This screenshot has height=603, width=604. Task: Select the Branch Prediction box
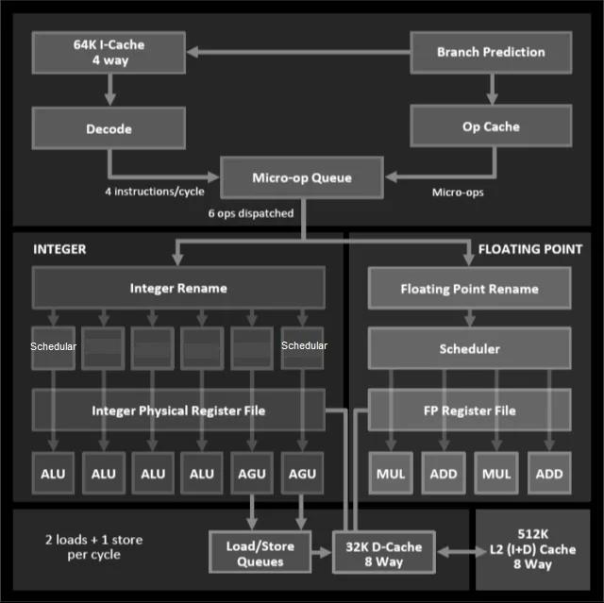[x=491, y=53]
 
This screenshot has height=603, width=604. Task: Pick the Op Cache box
[x=491, y=126]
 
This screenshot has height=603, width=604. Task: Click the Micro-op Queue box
[x=302, y=177]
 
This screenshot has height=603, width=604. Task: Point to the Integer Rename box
[x=178, y=287]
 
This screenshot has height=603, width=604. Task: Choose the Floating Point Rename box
[x=469, y=289]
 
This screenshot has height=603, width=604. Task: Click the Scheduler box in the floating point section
[x=469, y=349]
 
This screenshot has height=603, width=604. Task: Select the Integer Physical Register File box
[x=178, y=410]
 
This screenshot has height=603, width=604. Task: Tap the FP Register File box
[x=469, y=410]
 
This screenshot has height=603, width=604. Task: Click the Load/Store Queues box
[x=260, y=554]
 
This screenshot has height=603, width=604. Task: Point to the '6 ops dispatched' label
[x=251, y=213]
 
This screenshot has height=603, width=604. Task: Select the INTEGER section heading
[x=59, y=249]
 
